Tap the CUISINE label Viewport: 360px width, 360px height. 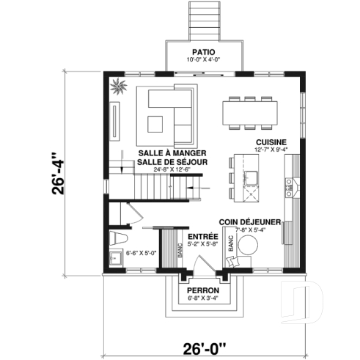(271, 142)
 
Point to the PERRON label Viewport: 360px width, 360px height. (200, 291)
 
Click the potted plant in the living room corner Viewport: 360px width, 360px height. (119, 89)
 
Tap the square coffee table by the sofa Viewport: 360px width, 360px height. (156, 122)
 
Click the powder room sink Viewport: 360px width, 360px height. (114, 258)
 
